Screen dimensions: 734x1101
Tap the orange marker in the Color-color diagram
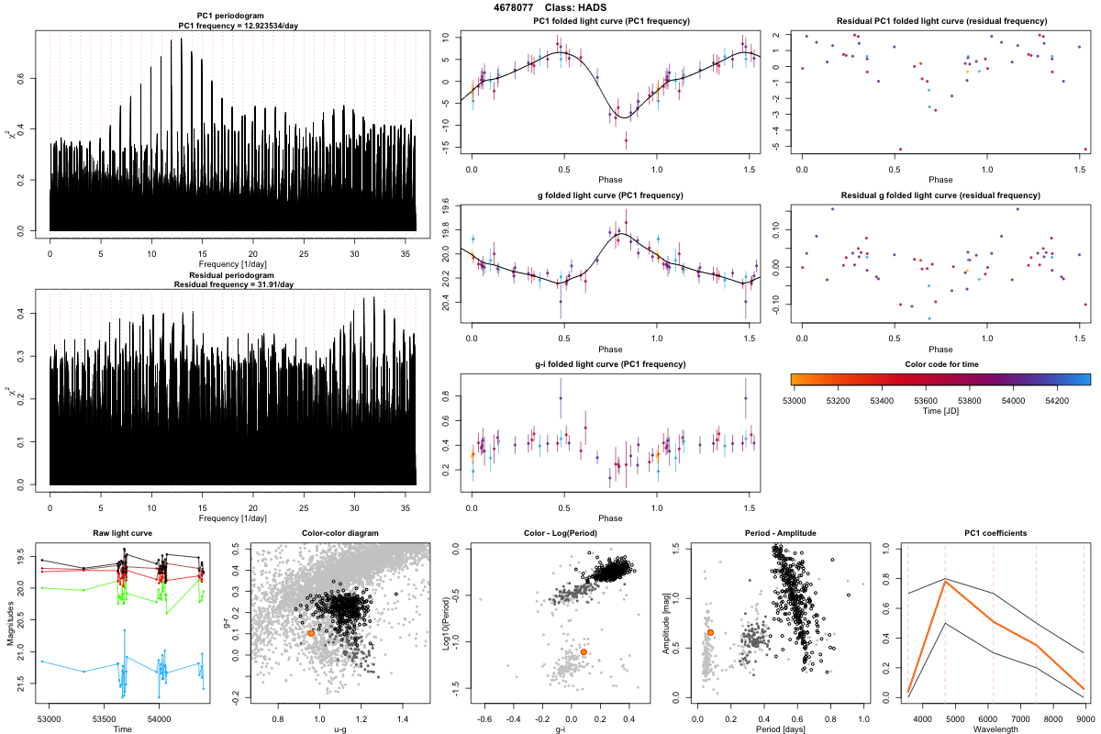[x=311, y=633]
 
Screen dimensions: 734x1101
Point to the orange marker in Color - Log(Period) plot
[x=584, y=651]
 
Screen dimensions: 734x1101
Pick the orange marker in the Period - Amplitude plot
[x=710, y=632]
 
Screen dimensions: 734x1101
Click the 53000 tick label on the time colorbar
[x=795, y=401]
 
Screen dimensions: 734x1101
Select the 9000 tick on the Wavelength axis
[x=1084, y=718]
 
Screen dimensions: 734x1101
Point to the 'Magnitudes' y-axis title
[x=9, y=623]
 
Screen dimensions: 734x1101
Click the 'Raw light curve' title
[x=123, y=534]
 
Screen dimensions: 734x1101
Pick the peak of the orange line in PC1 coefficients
[x=945, y=582]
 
